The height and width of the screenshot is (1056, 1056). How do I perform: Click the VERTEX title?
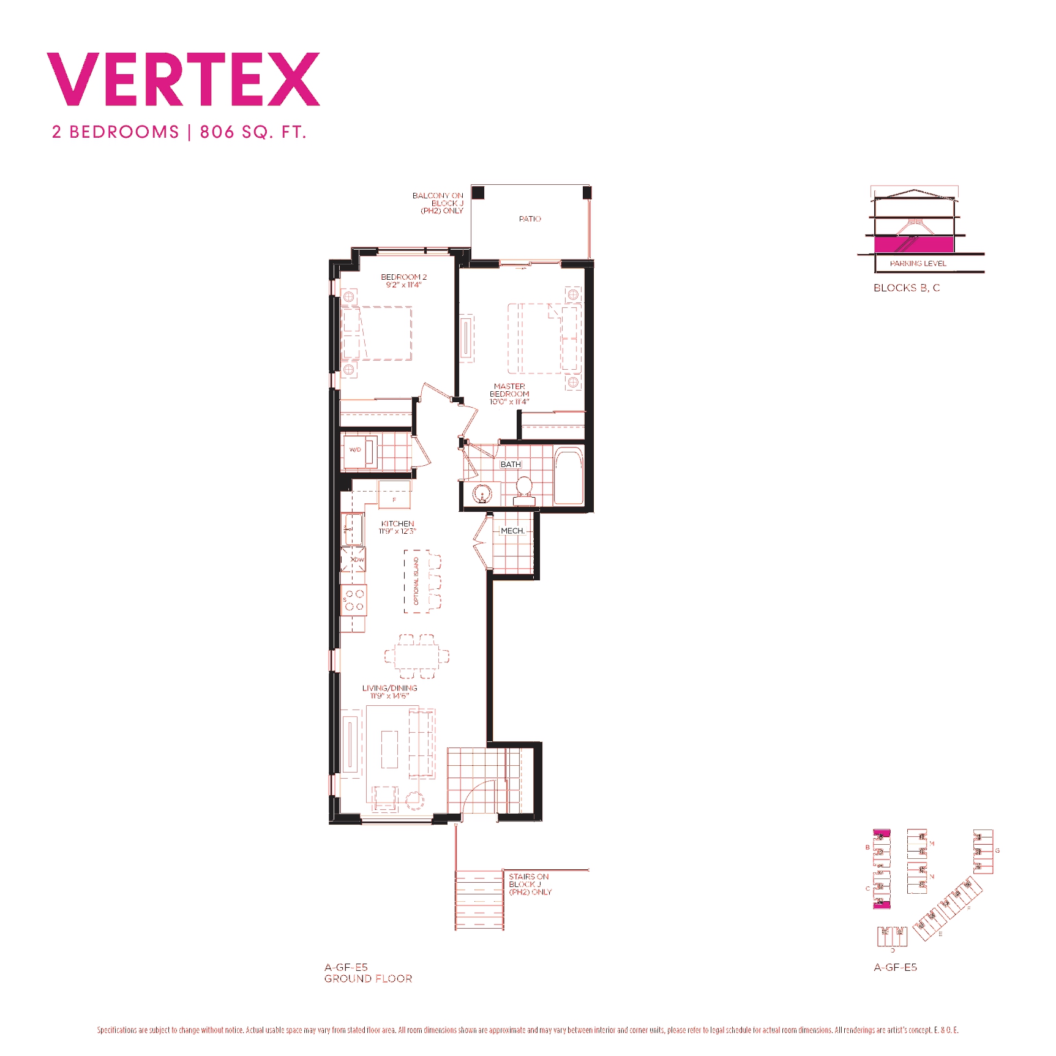(x=184, y=80)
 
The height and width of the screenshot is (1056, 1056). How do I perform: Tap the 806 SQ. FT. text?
(x=253, y=132)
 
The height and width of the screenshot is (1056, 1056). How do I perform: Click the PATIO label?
(x=530, y=219)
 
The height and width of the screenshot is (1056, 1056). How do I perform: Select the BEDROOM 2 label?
(x=403, y=277)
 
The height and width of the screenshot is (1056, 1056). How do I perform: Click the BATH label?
(x=511, y=465)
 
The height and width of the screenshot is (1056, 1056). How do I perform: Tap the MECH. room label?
(x=512, y=531)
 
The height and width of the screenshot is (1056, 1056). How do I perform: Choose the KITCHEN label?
(x=397, y=524)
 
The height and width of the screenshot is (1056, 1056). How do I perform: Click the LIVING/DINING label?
(x=389, y=688)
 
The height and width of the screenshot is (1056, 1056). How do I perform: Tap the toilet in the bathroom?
(x=524, y=490)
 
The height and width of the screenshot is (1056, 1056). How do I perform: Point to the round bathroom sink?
(x=482, y=493)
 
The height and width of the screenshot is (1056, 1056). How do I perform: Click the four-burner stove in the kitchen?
(x=354, y=600)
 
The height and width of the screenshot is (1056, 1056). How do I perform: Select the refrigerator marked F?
(x=394, y=495)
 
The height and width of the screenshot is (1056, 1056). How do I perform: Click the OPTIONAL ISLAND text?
(x=416, y=581)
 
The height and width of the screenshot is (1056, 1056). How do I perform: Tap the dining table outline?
(x=417, y=657)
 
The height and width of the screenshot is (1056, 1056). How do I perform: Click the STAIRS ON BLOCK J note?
(x=530, y=884)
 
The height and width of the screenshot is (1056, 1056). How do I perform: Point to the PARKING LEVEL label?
(x=918, y=263)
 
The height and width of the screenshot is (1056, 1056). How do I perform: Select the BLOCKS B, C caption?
(x=906, y=288)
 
